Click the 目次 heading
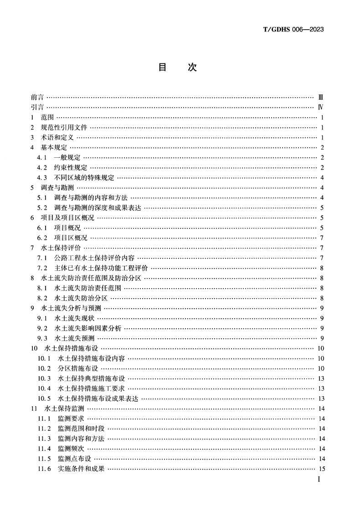tap(177, 67)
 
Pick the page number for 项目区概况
tap(322, 238)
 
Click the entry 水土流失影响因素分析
tap(87, 328)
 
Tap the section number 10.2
tap(44, 368)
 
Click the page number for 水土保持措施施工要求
tap(321, 388)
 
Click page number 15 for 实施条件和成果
tap(321, 469)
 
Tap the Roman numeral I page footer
tap(319, 480)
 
